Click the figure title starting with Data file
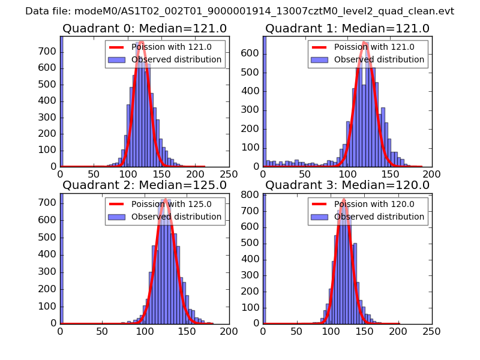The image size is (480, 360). (x=239, y=11)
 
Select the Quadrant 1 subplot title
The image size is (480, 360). (x=347, y=28)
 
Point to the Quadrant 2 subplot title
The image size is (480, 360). (x=144, y=185)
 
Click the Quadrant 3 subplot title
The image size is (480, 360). (x=347, y=185)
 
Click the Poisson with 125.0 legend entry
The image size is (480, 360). (x=171, y=204)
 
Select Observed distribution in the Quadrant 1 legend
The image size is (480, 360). (x=379, y=59)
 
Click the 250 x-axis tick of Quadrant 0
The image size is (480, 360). (x=229, y=173)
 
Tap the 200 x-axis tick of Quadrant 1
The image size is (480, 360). (x=431, y=173)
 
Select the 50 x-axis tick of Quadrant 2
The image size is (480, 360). (x=102, y=330)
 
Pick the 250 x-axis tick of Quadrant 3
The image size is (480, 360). (x=431, y=330)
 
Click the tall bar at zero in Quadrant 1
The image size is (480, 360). (x=265, y=102)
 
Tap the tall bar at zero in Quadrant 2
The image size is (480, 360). (x=62, y=258)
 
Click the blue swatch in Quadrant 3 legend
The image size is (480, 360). (x=320, y=217)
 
